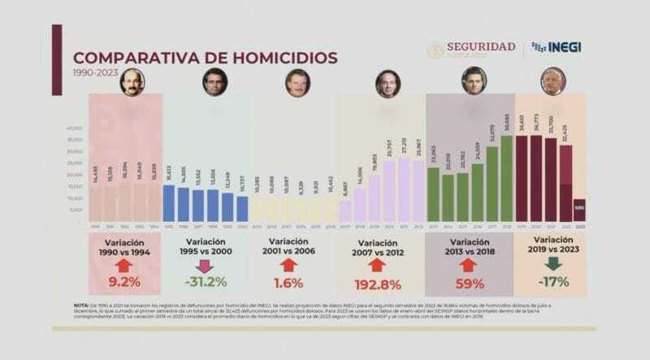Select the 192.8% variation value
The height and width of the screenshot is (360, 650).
(377, 284)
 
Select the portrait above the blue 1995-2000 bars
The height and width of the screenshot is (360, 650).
(213, 82)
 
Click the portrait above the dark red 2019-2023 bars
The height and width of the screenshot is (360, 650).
(552, 81)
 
